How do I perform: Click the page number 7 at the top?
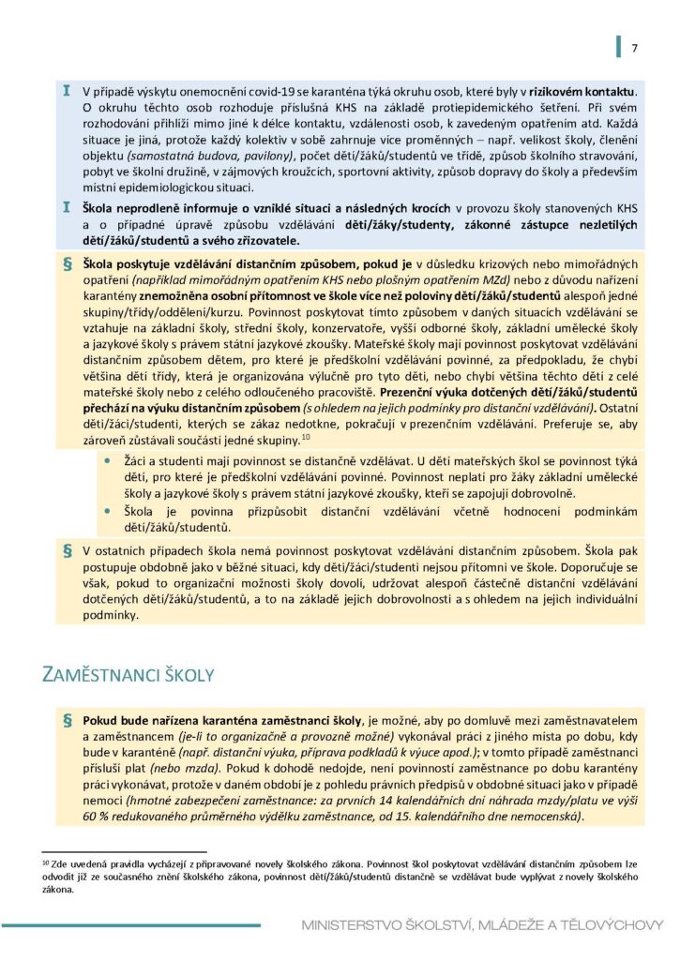point(634,48)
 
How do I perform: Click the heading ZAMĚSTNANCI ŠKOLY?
point(129,674)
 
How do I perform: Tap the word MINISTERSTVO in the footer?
point(353,925)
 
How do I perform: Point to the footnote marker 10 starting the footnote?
point(43,859)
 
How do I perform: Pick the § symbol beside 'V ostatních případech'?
point(67,550)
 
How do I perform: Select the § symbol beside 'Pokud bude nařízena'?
point(67,720)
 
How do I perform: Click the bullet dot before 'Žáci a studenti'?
point(110,462)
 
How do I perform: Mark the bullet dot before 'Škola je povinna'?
point(110,511)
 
